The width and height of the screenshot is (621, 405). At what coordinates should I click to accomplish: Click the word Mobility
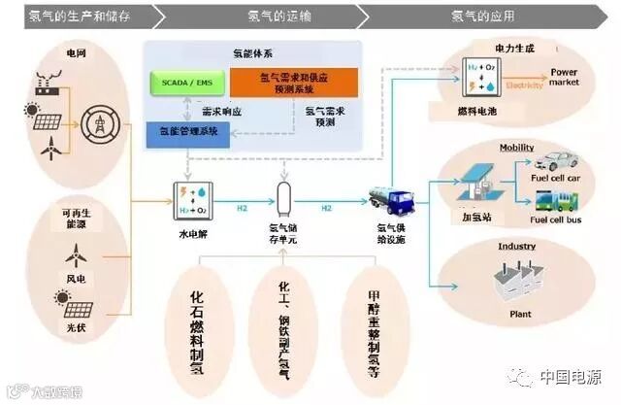517,148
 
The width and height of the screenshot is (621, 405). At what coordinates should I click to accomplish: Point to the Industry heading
517,247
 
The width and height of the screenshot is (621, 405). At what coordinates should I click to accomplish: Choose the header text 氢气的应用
483,16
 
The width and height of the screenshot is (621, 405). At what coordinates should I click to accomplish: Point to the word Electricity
525,84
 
